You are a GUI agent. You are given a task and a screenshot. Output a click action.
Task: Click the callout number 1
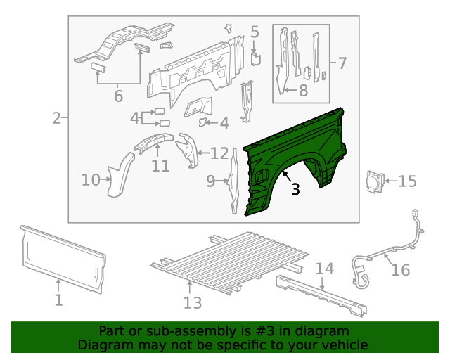pos(59,300)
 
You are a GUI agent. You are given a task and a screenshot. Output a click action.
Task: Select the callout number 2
pos(56,118)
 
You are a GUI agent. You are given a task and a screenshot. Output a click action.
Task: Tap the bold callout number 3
pos(295,188)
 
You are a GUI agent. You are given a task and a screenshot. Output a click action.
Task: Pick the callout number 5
pos(255,32)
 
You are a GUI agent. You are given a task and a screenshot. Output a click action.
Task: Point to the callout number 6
pos(118,96)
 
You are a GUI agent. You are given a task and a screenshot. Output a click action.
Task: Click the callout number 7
pos(342,63)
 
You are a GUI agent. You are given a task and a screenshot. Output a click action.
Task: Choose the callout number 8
pos(303,90)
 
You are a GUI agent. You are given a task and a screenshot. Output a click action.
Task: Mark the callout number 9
pos(211,181)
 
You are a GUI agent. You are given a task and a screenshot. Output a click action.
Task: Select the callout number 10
pos(91,180)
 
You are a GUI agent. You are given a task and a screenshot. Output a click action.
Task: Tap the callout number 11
pos(160,166)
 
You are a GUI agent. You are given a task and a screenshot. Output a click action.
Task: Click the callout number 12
pos(219,153)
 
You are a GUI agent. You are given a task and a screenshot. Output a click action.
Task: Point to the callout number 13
pos(193,302)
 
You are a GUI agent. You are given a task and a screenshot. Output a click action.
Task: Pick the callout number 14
pos(324,269)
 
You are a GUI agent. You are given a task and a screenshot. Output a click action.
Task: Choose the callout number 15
pos(407,181)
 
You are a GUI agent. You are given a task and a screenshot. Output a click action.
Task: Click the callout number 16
pos(400,269)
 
